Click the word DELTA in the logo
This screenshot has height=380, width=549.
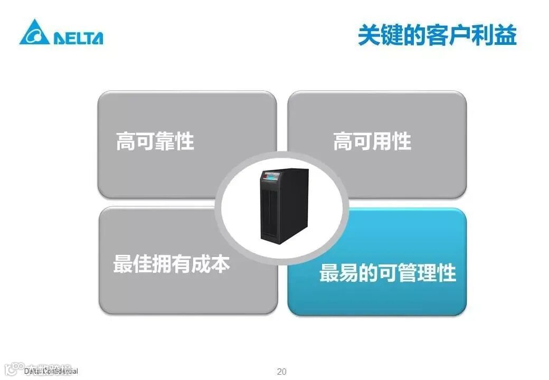click(78, 38)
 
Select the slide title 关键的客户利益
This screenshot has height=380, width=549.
click(437, 35)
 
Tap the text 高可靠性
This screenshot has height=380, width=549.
click(155, 141)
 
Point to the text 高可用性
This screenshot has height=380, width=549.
click(372, 141)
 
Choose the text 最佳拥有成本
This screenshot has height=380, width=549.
click(172, 264)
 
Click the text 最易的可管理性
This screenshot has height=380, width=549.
click(387, 273)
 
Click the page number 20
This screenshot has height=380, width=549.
click(282, 372)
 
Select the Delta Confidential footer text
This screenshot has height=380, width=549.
click(51, 372)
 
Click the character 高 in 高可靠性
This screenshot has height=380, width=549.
click(126, 141)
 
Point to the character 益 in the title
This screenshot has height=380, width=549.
click(504, 35)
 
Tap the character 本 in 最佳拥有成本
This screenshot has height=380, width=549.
click(220, 264)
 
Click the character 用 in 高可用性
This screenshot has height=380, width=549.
click(382, 141)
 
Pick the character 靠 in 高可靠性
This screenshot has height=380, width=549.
click(165, 141)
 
